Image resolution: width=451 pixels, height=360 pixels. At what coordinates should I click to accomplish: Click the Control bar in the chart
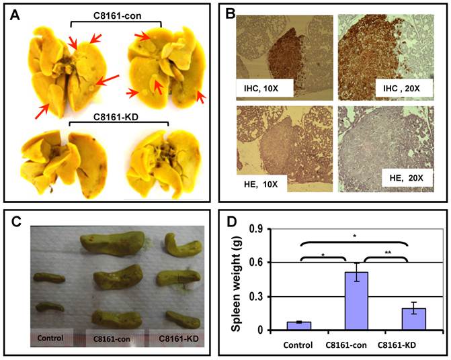(298, 326)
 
